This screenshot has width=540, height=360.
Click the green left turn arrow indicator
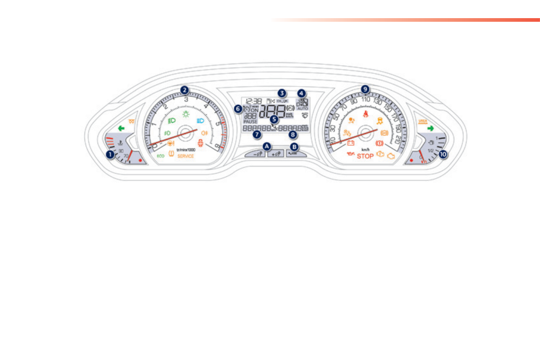coord(121,128)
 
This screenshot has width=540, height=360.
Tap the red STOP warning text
coord(365,156)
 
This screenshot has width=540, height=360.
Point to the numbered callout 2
coord(184,90)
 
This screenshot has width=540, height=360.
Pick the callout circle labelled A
coord(267,146)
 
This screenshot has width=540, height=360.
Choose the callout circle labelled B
coord(295,146)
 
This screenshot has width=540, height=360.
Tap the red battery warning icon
coord(350,144)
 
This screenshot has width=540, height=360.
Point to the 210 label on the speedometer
coord(398,139)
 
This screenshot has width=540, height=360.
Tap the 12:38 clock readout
coord(252,101)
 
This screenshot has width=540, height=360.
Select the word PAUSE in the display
coord(250,122)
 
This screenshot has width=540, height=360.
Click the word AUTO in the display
coord(302,109)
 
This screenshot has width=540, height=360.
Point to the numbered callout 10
coord(443,154)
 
